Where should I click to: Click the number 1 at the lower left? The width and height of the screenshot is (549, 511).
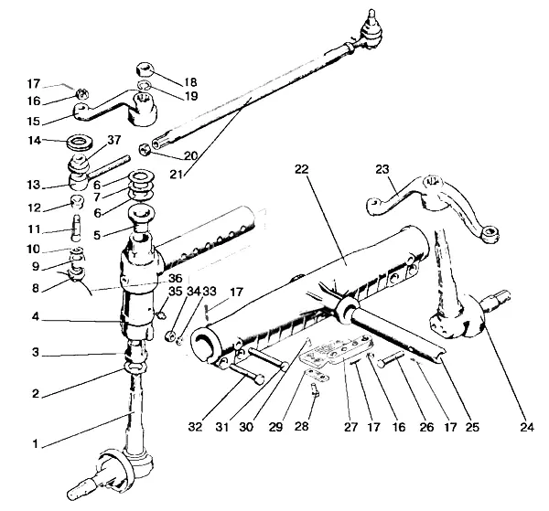coord(36,444)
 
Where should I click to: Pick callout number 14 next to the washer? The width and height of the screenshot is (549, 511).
coord(36,141)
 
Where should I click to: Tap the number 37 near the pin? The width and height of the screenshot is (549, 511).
coord(113,140)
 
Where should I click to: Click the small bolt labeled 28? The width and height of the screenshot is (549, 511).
coord(313,390)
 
